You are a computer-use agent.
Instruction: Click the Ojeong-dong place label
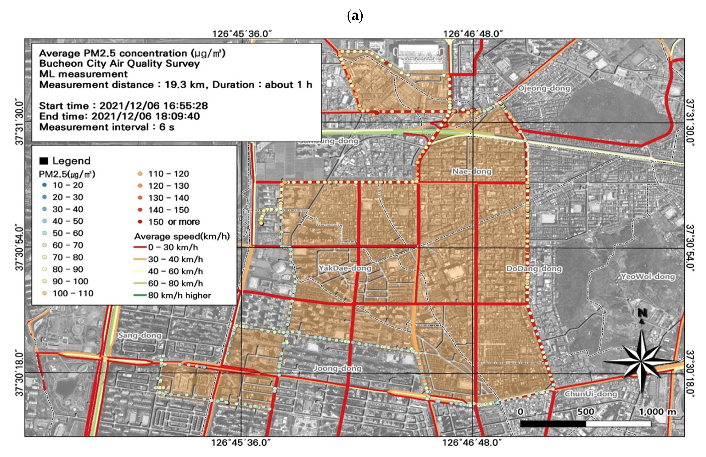pos(544,88)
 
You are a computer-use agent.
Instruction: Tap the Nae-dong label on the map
pos(472,171)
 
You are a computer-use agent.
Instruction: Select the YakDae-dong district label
pos(345,268)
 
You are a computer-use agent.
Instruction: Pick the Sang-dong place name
pos(140,336)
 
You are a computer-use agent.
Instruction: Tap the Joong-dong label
pos(338,368)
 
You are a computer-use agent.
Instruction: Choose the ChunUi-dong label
pos(591,394)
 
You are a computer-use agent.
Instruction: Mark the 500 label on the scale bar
pos(586,412)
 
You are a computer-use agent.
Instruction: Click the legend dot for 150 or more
pos(140,222)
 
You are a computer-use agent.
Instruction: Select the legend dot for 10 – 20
pos(44,185)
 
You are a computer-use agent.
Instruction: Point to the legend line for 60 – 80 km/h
pos(140,283)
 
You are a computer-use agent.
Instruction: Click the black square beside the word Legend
pos(44,161)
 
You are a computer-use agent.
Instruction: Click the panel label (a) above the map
pos(355,17)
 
